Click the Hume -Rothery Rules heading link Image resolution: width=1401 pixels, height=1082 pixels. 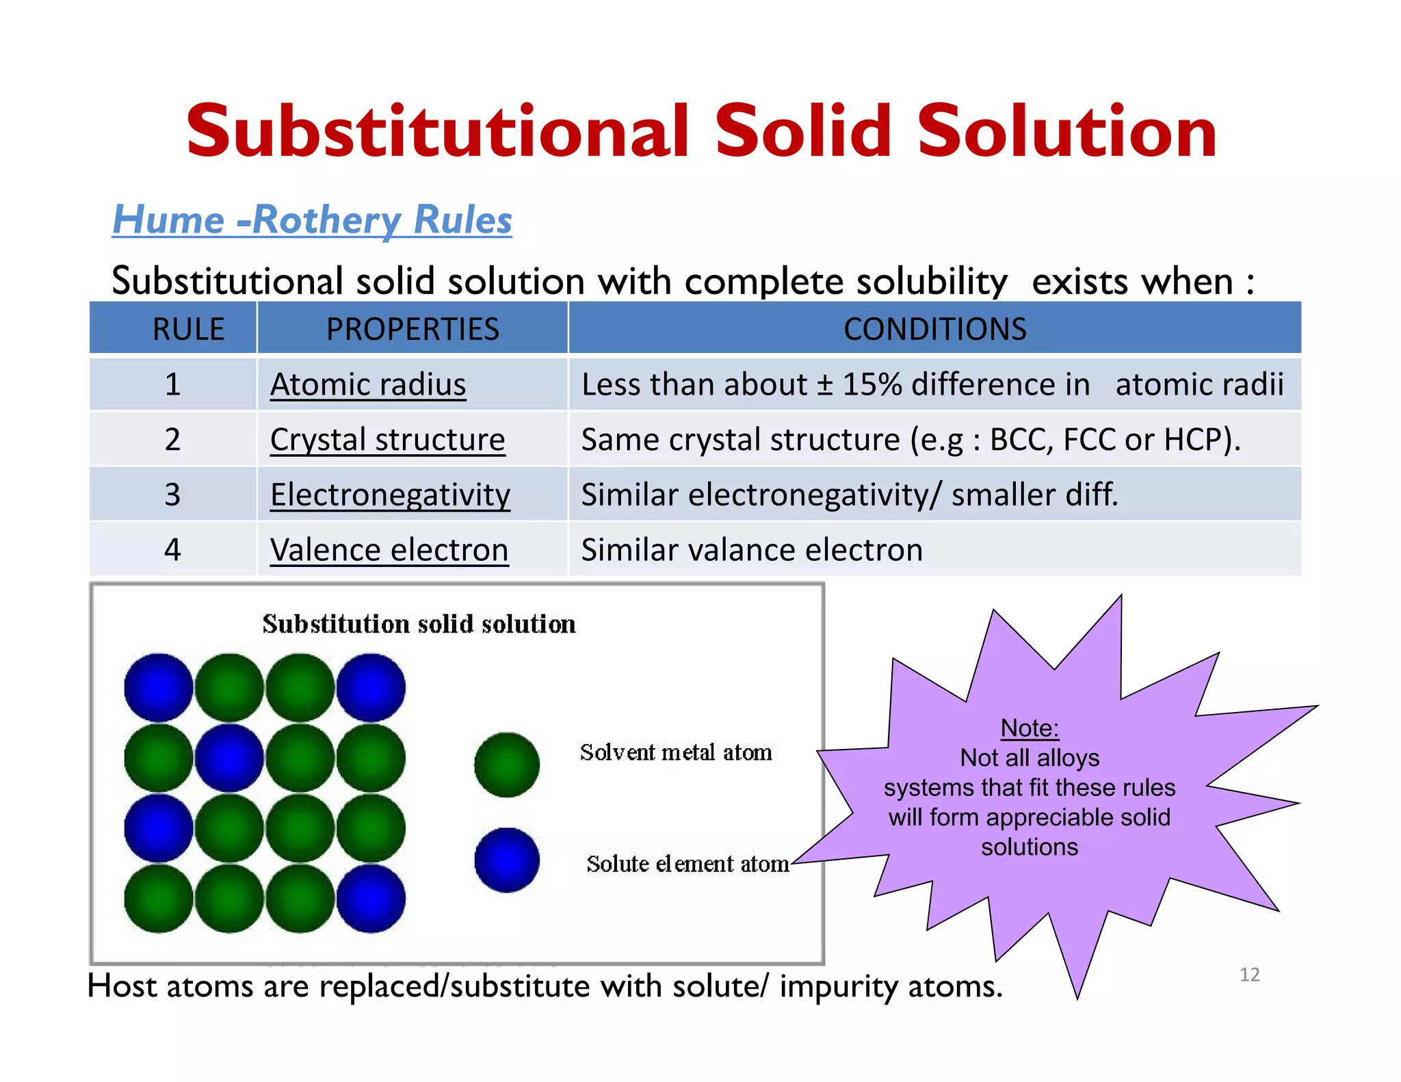(x=312, y=220)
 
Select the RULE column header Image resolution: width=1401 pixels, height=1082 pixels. (x=188, y=329)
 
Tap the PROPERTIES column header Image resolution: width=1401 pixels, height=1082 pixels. (x=413, y=329)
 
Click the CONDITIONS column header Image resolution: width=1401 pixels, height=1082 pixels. (x=934, y=329)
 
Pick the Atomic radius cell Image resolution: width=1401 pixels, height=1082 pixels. (x=368, y=384)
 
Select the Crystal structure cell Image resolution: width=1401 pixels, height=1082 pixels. (x=387, y=439)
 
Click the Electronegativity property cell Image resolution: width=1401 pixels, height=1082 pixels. (x=390, y=494)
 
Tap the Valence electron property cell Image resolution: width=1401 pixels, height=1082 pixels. (x=389, y=550)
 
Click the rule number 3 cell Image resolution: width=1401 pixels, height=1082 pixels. (x=172, y=494)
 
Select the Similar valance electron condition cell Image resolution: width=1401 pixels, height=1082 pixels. (x=751, y=550)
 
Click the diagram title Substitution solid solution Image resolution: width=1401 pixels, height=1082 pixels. (x=419, y=624)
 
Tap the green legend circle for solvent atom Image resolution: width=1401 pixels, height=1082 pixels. (x=507, y=765)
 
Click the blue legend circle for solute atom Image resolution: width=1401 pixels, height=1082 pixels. (x=507, y=860)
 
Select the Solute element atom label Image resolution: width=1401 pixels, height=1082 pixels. (x=687, y=864)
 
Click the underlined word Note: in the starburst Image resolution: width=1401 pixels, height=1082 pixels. (x=1029, y=728)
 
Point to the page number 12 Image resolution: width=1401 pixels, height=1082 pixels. (x=1249, y=974)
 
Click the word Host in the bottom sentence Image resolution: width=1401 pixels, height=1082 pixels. (x=122, y=986)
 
